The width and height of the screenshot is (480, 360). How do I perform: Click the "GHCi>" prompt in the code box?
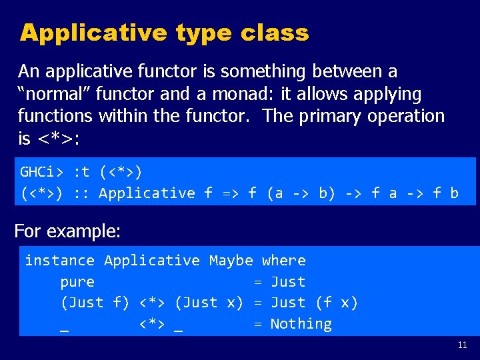pos(42,172)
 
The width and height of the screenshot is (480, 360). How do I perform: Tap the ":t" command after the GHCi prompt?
pos(81,172)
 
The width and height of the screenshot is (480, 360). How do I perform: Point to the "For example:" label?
pos(67,231)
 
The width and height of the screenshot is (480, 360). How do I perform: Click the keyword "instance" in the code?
pos(59,261)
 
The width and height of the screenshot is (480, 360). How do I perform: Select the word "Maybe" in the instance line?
pos(231,261)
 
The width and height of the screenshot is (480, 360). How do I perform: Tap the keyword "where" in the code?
pos(283,261)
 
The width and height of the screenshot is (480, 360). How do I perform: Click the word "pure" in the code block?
pos(77,282)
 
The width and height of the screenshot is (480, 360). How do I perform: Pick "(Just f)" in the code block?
pos(95,303)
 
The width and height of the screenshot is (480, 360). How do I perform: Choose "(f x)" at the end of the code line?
pos(336,303)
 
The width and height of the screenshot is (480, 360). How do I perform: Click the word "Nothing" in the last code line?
pos(301,324)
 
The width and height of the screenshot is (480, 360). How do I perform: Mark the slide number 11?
pos(463,345)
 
